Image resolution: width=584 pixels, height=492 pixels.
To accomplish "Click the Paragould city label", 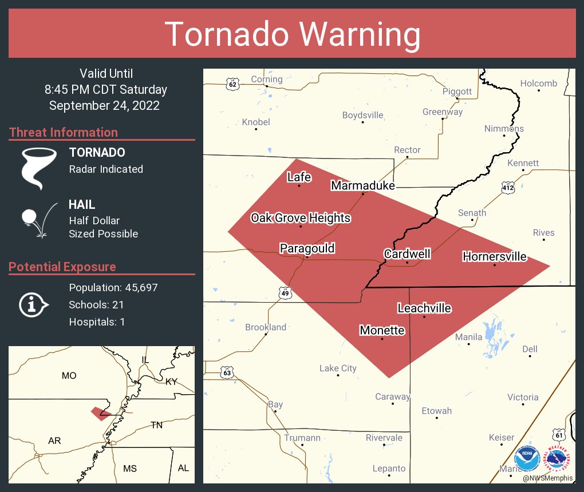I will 307,248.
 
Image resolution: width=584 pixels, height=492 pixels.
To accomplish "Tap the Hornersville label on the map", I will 494,256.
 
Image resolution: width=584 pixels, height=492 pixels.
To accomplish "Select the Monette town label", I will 382,331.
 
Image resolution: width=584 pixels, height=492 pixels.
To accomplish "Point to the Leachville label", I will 424,308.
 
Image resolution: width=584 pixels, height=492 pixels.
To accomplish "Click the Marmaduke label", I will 363,185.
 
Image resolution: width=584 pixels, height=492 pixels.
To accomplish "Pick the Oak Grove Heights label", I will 301,218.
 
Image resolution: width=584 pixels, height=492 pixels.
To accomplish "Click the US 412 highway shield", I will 507,188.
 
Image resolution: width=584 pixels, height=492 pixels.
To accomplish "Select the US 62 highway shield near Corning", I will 232,84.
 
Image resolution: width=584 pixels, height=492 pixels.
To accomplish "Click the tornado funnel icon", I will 39,168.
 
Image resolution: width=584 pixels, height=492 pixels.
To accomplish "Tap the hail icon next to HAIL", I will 38,220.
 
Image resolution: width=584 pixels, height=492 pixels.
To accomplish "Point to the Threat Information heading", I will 64,132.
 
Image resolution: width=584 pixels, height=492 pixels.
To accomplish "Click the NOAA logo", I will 527,459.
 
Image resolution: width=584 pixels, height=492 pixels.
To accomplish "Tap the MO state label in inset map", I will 69,375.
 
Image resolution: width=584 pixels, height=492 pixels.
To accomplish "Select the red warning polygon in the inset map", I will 101,412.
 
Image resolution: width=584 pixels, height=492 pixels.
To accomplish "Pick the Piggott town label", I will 457,92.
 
